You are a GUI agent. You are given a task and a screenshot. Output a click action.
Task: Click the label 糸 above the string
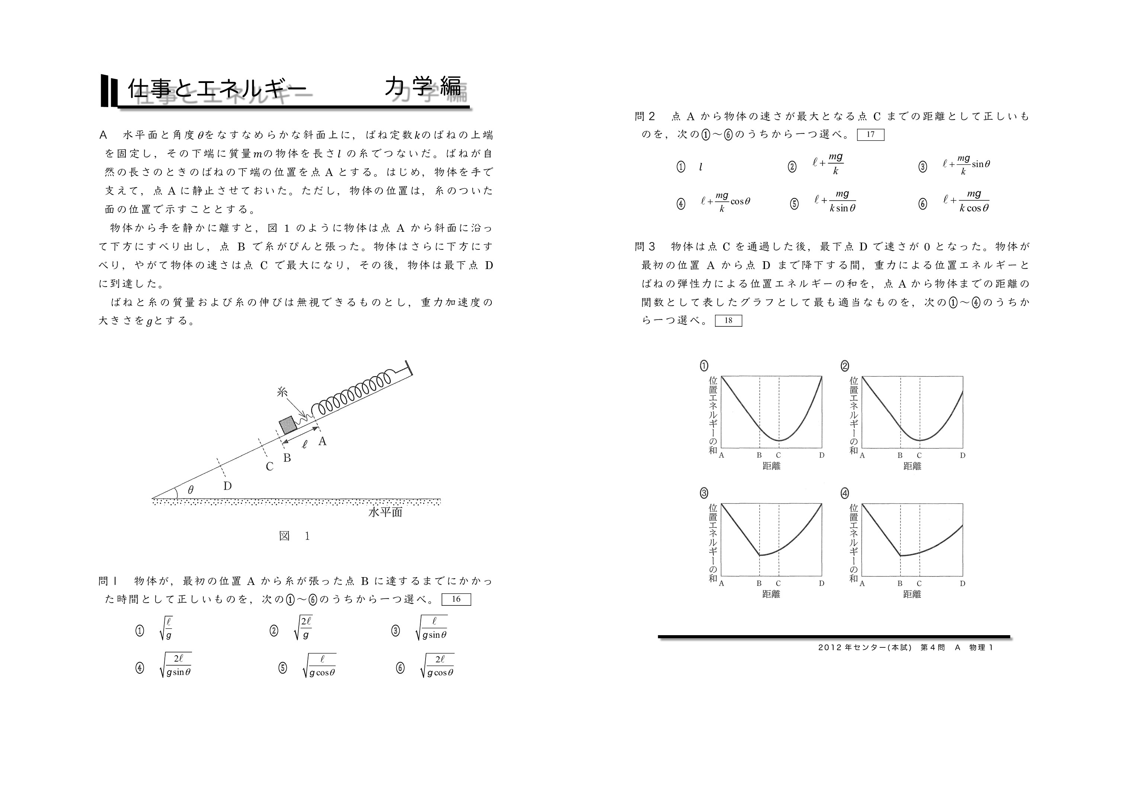pyautogui.click(x=282, y=393)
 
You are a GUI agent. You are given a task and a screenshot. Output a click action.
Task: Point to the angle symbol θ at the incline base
pyautogui.click(x=190, y=490)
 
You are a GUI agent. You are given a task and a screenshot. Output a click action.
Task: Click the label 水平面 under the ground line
pyautogui.click(x=385, y=512)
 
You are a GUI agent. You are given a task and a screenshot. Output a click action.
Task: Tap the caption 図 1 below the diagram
pyautogui.click(x=295, y=536)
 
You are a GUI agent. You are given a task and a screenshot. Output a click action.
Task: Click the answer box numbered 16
pyautogui.click(x=456, y=599)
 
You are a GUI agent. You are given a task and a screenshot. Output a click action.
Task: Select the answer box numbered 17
pyautogui.click(x=870, y=134)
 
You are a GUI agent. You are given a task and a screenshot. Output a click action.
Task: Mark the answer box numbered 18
pyautogui.click(x=728, y=321)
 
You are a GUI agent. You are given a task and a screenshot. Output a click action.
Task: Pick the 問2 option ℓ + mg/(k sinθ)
pyautogui.click(x=835, y=201)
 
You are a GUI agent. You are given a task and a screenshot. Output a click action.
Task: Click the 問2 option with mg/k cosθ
pyautogui.click(x=725, y=201)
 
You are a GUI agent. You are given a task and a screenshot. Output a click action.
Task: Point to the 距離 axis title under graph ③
pyautogui.click(x=771, y=594)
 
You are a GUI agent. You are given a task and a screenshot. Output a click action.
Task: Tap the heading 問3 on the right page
pyautogui.click(x=645, y=246)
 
